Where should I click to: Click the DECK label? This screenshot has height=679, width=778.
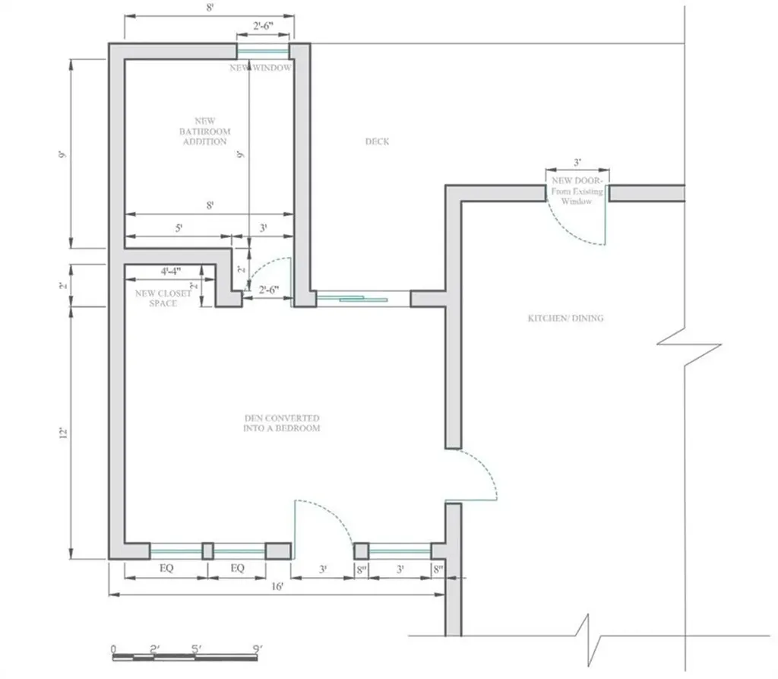pyautogui.click(x=377, y=141)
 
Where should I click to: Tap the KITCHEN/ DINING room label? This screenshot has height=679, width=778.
pyautogui.click(x=565, y=318)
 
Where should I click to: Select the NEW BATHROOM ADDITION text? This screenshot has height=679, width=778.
pyautogui.click(x=204, y=132)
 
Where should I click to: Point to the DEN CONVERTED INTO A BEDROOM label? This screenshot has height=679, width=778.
pyautogui.click(x=282, y=424)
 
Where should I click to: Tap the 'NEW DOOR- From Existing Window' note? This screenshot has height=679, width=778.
pyautogui.click(x=577, y=192)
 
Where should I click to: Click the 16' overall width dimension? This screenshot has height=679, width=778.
pyautogui.click(x=277, y=586)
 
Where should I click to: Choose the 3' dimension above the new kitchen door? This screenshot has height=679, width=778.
pyautogui.click(x=577, y=163)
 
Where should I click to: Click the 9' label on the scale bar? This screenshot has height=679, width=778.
pyautogui.click(x=258, y=649)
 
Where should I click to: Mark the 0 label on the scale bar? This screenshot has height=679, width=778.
pyautogui.click(x=113, y=649)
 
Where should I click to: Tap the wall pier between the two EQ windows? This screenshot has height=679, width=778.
pyautogui.click(x=207, y=551)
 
